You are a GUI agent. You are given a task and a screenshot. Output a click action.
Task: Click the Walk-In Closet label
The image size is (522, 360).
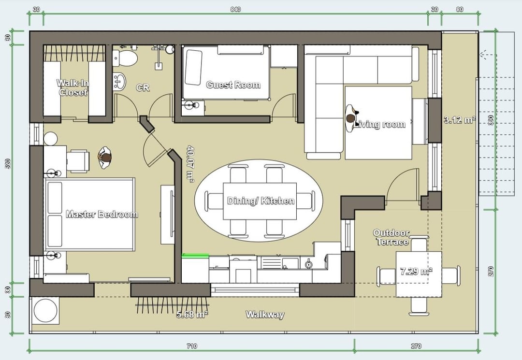click(x=72, y=87)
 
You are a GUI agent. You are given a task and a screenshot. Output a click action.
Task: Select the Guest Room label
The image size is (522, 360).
click(x=233, y=85)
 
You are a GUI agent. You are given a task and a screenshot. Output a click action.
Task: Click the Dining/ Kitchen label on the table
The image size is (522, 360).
click(x=261, y=201)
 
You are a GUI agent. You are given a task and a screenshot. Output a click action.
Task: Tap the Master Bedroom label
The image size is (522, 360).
click(x=102, y=214)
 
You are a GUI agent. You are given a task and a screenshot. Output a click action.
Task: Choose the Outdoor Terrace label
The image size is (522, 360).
click(x=391, y=237)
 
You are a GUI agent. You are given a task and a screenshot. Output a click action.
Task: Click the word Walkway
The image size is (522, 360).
click(x=265, y=315)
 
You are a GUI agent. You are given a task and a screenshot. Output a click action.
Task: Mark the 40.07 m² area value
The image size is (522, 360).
click(x=190, y=164)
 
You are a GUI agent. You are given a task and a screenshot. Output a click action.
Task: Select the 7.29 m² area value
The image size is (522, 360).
click(x=416, y=271)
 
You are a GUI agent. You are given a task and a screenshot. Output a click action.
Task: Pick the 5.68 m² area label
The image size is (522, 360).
click(x=192, y=314)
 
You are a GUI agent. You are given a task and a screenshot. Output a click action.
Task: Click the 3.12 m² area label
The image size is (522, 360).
click(x=460, y=120)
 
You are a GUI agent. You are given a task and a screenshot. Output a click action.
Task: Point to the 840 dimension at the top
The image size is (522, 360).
click(x=235, y=9)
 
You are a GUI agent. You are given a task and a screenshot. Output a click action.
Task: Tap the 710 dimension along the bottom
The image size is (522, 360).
click(x=192, y=346)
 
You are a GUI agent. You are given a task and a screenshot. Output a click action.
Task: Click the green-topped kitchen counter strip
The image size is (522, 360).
click(x=195, y=256)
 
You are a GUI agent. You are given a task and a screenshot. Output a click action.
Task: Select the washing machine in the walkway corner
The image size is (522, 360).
click(x=45, y=310)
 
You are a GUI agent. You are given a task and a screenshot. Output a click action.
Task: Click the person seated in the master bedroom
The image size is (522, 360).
click(x=105, y=158)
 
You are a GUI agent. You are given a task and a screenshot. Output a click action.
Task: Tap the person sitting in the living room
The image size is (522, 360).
click(x=351, y=118)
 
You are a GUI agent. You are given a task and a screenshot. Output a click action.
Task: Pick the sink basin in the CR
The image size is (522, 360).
click(x=119, y=81)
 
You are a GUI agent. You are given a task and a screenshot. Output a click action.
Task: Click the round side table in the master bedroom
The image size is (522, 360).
click(x=50, y=139)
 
